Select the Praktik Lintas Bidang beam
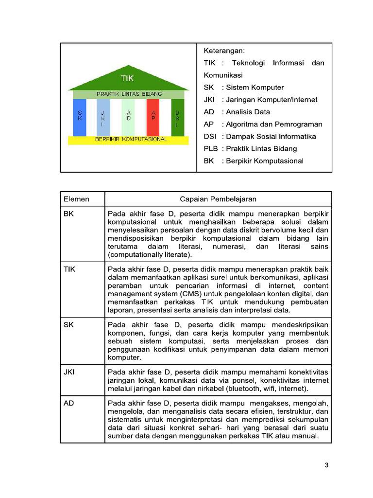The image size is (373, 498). pyautogui.click(x=129, y=94)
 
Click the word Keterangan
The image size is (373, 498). pyautogui.click(x=224, y=51)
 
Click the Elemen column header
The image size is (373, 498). pyautogui.click(x=76, y=199)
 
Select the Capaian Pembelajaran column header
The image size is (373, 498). pyautogui.click(x=218, y=199)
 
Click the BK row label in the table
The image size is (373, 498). pyautogui.click(x=69, y=213)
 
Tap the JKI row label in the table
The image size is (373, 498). pyautogui.click(x=69, y=372)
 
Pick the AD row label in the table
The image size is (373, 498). pyautogui.click(x=69, y=403)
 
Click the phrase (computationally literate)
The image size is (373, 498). pyautogui.click(x=150, y=254)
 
